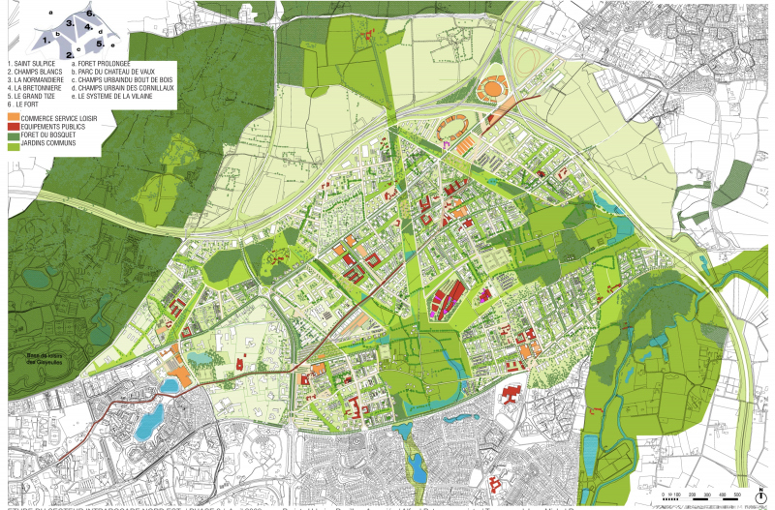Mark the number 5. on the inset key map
(x=100, y=42)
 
